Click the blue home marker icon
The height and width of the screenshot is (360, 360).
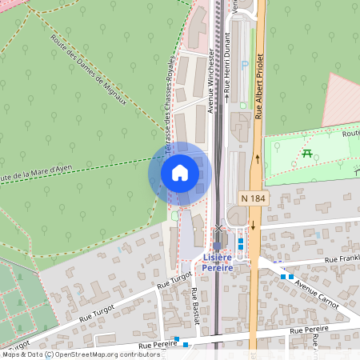click(180, 173)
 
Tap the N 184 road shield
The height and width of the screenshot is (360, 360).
click(254, 197)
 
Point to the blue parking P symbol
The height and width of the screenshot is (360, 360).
click(245, 65)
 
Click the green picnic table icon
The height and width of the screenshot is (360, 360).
click(307, 153)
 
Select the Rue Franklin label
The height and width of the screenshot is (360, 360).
click(342, 259)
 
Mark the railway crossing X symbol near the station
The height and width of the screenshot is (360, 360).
click(218, 229)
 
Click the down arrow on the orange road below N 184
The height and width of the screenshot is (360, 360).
click(254, 226)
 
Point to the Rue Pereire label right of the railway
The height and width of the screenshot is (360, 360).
click(308, 329)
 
